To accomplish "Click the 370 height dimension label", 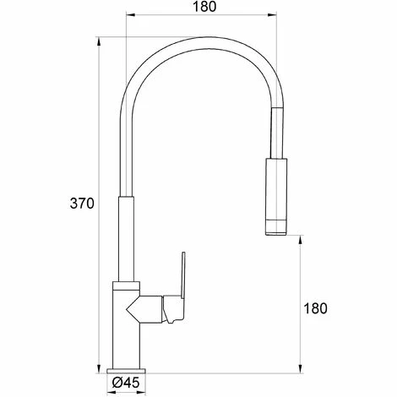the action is tap(82, 204).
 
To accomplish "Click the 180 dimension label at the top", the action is tap(204, 7).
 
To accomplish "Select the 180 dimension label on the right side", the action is tap(315, 308).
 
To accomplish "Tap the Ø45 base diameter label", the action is tap(126, 382).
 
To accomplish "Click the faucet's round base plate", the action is tap(127, 371).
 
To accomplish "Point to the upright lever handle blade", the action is tap(183, 275).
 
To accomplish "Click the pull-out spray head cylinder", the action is tap(276, 196).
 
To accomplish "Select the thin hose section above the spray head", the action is tap(276, 133).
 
